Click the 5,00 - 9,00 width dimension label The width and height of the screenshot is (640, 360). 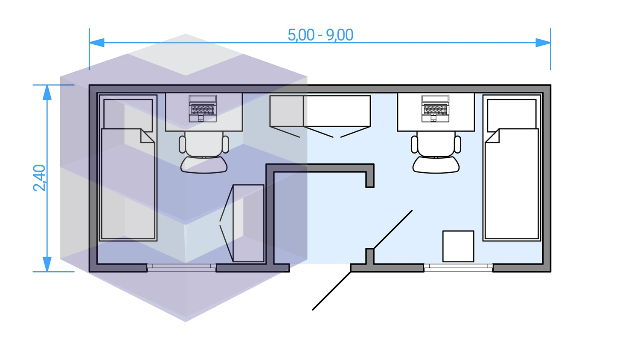320,35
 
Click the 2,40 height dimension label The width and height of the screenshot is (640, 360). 39,177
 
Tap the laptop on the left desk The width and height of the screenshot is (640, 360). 203,108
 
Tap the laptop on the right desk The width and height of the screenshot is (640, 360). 435,108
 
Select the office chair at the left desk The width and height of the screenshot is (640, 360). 204,154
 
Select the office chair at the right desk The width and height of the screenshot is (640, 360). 436,154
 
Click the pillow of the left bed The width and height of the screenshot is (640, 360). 128,114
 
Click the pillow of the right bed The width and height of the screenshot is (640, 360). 512,114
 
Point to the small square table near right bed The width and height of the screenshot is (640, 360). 458,246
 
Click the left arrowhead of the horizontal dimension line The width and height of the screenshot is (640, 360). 97,43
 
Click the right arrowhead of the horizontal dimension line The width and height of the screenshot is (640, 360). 543,43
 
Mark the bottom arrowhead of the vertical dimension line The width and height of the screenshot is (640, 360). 47,264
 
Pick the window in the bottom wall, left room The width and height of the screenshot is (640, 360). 182,267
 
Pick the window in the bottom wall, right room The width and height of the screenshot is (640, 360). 458,267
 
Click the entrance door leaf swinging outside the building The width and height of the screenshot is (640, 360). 332,291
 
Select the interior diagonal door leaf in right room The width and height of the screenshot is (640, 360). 393,229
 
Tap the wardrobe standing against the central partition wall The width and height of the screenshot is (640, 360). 248,223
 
